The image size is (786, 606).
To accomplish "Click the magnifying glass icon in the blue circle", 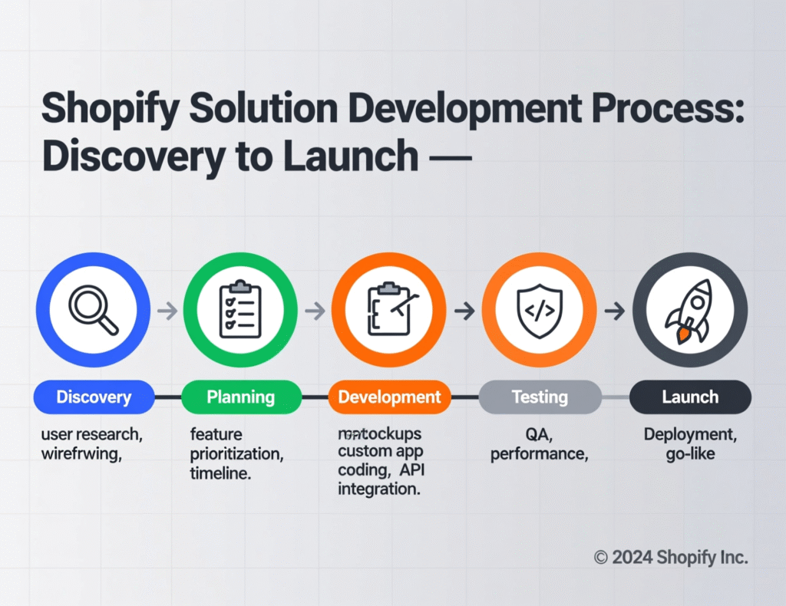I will (x=93, y=311).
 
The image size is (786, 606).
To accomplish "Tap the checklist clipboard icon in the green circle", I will (x=240, y=311).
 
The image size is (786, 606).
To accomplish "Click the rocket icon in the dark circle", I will (x=689, y=311).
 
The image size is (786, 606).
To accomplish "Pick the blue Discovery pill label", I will (x=94, y=397).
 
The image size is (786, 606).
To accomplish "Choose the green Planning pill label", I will (x=240, y=397).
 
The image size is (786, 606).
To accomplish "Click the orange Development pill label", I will (x=389, y=397).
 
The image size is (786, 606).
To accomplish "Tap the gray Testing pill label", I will (x=540, y=397).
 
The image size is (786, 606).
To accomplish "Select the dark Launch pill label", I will (x=690, y=397).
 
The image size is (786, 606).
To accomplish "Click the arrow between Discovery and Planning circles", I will (x=167, y=311).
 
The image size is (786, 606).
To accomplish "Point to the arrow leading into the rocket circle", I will (x=614, y=311).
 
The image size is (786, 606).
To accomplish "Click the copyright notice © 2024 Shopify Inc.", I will (x=670, y=558).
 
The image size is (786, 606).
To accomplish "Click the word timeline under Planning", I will (x=220, y=473).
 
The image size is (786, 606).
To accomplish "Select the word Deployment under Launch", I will (x=690, y=435).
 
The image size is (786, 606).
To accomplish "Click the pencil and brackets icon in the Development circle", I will (x=389, y=311).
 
